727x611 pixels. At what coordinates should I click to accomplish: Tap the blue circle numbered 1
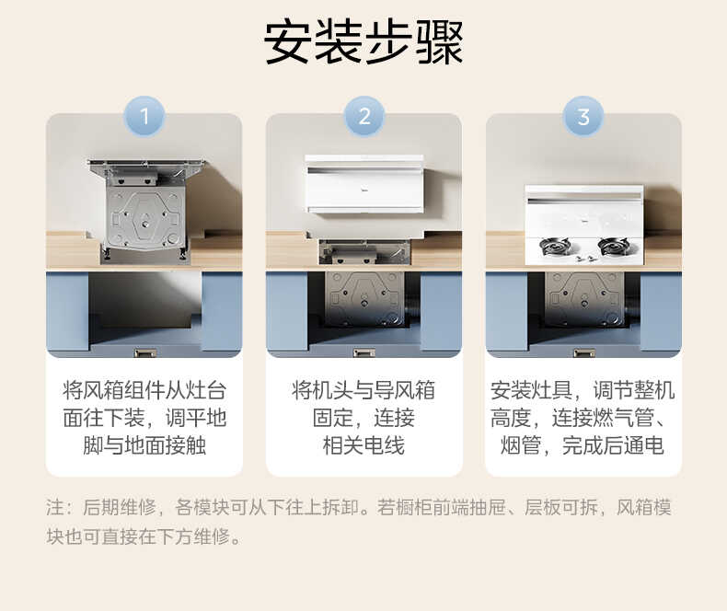pyautogui.click(x=144, y=117)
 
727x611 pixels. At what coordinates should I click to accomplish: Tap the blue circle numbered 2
pyautogui.click(x=364, y=117)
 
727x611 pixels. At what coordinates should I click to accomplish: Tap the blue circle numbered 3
pyautogui.click(x=583, y=117)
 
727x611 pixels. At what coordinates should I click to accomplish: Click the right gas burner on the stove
pyautogui.click(x=613, y=248)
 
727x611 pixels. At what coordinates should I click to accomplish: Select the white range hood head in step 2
pyautogui.click(x=364, y=184)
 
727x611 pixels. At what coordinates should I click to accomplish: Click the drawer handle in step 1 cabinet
pyautogui.click(x=144, y=352)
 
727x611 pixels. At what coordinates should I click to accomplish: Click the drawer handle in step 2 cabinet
pyautogui.click(x=364, y=352)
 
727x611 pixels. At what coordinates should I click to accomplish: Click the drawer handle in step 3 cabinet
pyautogui.click(x=583, y=352)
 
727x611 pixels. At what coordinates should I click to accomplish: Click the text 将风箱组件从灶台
pyautogui.click(x=144, y=390)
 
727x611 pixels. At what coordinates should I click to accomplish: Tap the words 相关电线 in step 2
pyautogui.click(x=364, y=446)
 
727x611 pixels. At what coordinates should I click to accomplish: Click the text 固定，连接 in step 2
pyautogui.click(x=364, y=418)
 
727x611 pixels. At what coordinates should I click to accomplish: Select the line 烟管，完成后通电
pyautogui.click(x=583, y=446)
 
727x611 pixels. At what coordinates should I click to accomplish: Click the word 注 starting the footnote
pyautogui.click(x=53, y=507)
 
